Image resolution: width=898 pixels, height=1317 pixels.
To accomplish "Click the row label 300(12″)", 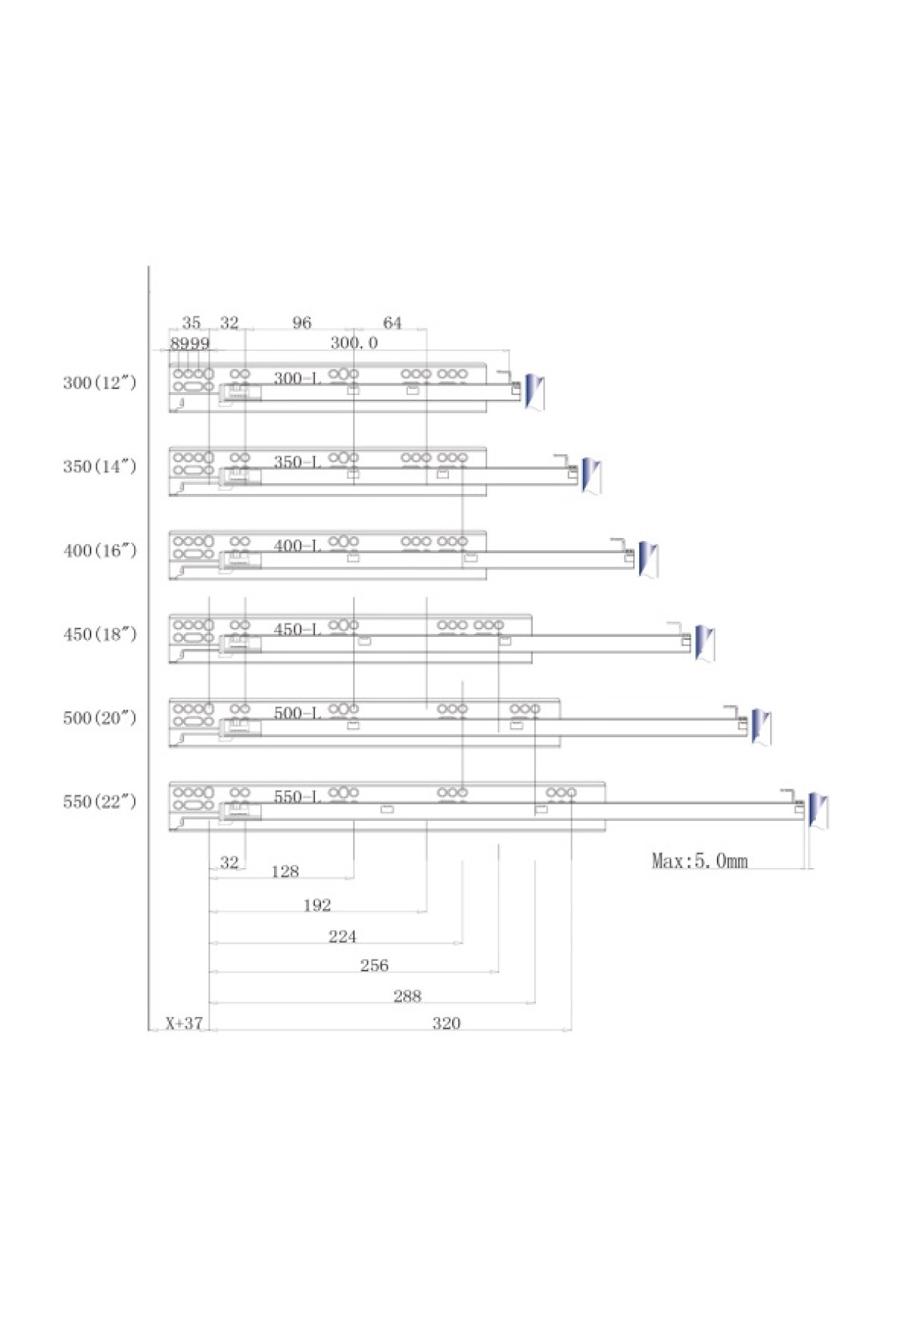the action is point(100,382).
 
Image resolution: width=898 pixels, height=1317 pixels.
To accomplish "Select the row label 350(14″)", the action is point(100,466).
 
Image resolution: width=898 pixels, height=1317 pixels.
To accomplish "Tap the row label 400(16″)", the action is point(100,550).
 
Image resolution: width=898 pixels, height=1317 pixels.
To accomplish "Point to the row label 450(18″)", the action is point(100,634).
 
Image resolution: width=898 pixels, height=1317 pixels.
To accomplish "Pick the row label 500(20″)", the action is point(100,718).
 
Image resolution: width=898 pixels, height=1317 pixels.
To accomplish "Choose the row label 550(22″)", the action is point(100,801).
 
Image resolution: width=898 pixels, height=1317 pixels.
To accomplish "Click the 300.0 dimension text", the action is point(354,343).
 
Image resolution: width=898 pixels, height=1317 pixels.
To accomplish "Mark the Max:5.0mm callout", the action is point(700,861).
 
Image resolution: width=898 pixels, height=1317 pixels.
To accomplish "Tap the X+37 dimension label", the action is point(184,1023).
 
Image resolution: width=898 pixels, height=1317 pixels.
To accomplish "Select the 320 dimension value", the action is point(446,1023).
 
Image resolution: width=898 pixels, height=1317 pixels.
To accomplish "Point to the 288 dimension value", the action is point(407,996).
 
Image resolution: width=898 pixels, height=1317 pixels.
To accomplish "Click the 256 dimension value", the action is point(374,965).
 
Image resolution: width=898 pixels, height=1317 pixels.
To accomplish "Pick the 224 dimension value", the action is point(343,936).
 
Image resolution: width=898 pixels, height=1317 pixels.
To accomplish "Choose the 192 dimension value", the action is point(317,905).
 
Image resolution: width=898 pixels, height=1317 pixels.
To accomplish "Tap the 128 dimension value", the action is point(285,871).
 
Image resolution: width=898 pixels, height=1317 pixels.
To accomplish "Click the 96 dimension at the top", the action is point(302,323).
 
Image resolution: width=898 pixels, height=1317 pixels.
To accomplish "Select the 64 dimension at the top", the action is point(392,323).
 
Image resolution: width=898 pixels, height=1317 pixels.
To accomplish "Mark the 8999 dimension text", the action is point(190,343).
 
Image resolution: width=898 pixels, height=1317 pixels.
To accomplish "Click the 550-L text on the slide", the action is point(297,796).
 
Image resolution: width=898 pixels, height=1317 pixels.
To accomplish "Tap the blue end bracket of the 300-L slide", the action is point(534,391).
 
